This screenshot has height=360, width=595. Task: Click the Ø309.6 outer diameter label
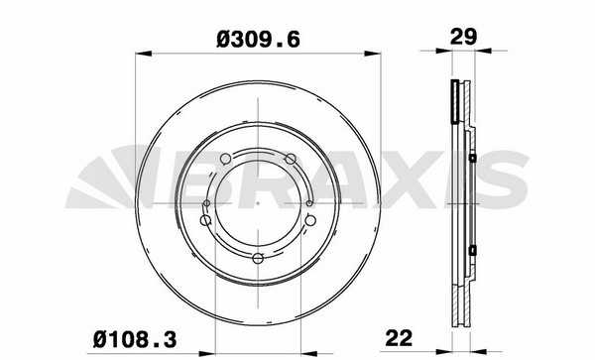tap(258, 40)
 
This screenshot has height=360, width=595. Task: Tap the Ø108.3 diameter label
tap(135, 339)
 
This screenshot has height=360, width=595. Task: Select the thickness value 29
tap(463, 37)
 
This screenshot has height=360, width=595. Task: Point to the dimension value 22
tap(399, 338)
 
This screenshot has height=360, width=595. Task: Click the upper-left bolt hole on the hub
tap(225, 159)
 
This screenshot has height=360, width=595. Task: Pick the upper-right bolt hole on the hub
tap(291, 159)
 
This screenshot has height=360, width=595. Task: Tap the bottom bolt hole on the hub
tap(258, 259)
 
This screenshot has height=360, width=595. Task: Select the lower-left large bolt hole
tap(205, 220)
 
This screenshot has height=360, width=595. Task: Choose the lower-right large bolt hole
tap(310, 220)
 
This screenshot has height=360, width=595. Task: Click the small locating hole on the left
tap(206, 203)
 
